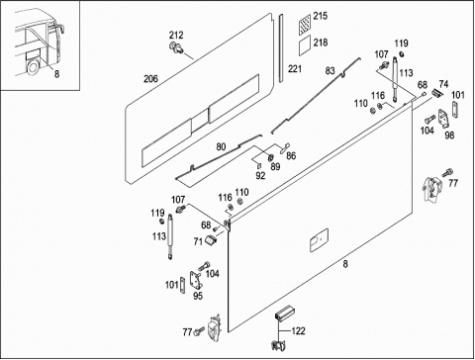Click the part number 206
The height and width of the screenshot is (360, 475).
point(150,79)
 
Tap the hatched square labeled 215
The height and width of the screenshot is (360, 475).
point(305,25)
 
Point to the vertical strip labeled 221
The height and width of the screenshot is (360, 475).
point(281,48)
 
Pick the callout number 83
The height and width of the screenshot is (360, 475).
point(330,71)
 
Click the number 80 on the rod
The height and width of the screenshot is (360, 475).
point(221,146)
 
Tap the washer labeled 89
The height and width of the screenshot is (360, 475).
point(270,156)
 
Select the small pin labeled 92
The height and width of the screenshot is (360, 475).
point(259,164)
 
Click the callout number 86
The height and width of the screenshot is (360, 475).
point(291,155)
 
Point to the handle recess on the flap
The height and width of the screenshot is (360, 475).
point(319,239)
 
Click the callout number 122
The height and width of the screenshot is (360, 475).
point(298,330)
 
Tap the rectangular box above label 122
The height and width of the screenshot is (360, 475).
point(284,313)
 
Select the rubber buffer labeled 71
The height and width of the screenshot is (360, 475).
point(211,239)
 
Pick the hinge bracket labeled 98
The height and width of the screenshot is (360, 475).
point(443,120)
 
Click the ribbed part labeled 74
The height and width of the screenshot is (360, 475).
point(436,93)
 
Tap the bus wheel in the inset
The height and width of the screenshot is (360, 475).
point(34,67)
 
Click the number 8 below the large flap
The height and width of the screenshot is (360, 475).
point(345,264)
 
